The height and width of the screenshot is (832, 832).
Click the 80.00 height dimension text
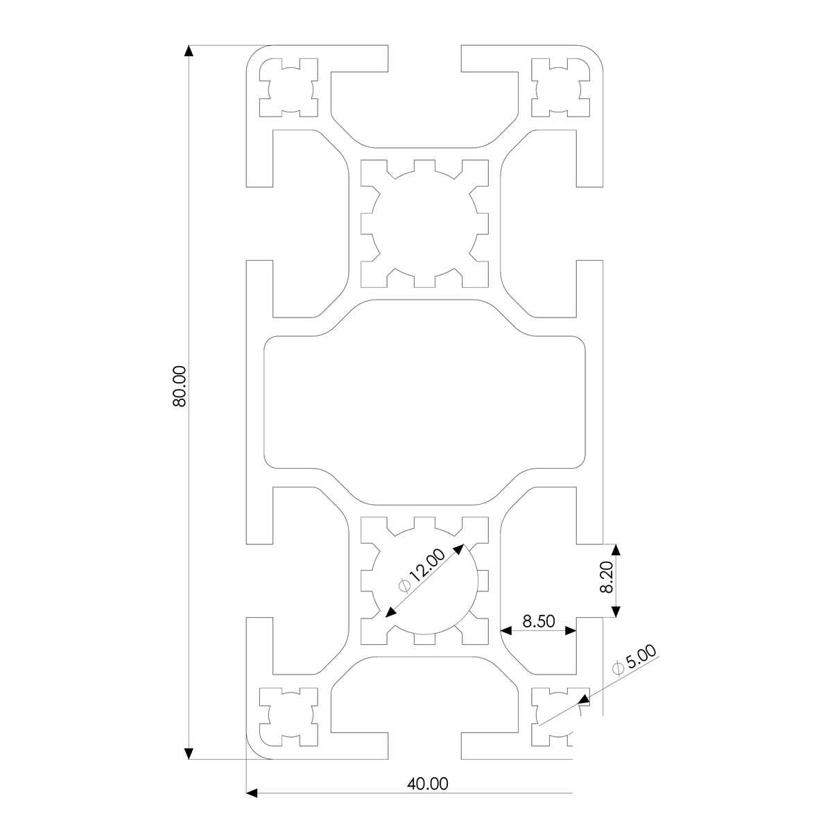[x=179, y=386]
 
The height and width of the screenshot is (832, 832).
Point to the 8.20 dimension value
[x=607, y=577]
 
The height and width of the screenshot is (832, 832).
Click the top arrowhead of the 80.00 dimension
[x=189, y=51]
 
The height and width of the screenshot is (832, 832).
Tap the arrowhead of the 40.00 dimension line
[x=252, y=793]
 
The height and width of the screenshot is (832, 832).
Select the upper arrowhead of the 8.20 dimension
[x=616, y=550]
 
